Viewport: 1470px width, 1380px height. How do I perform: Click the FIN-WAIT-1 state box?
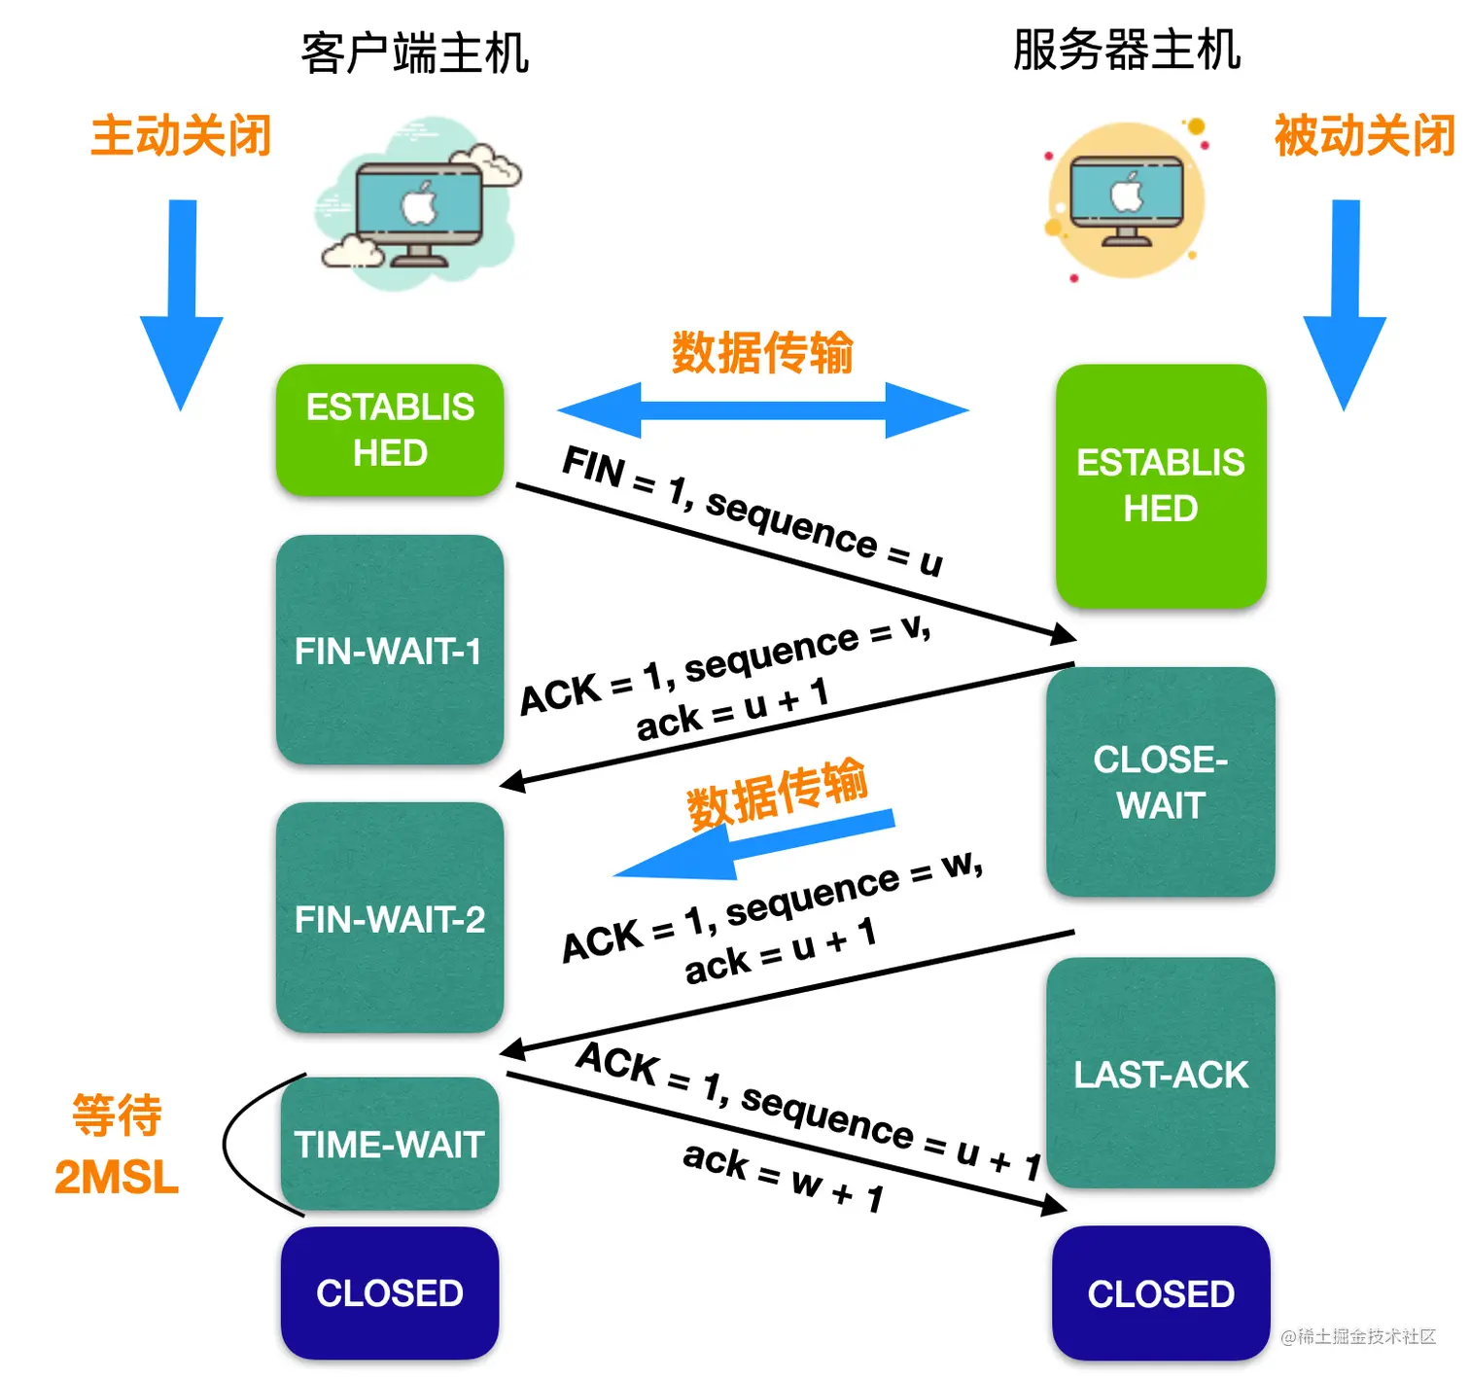389,650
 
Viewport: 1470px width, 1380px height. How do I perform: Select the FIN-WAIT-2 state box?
389,917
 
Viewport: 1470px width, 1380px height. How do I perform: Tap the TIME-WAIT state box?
389,1144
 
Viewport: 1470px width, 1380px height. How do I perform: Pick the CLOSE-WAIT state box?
1160,782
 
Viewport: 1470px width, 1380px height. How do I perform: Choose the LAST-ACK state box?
1160,1074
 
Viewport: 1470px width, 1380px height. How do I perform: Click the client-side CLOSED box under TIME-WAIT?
389,1292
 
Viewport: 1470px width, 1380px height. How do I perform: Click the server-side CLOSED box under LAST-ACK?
1160,1293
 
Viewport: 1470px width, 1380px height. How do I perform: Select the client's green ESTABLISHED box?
389,430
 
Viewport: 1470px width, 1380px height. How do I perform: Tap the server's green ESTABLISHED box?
1160,485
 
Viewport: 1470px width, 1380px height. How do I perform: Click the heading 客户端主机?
414,53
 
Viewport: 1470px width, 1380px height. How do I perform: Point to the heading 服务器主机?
1126,50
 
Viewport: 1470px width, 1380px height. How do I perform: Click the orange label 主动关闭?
181,135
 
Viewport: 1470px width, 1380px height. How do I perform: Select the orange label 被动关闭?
1364,135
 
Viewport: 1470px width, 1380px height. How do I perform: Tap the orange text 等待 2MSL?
117,1146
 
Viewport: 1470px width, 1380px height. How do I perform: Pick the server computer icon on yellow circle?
1127,200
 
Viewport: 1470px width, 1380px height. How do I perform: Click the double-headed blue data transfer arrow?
763,409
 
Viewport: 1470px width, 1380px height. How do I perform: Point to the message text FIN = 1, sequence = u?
752,511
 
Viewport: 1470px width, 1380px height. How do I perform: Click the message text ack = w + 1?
783,1177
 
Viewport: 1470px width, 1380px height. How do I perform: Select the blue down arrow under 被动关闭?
1345,301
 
